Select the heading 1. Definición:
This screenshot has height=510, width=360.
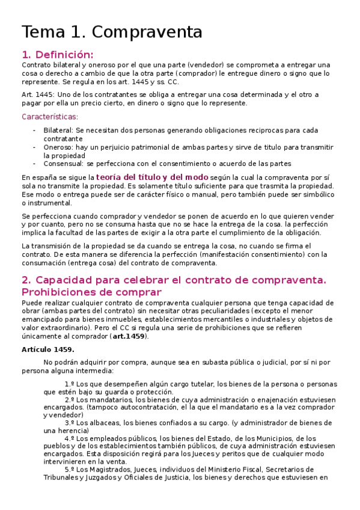click(58, 54)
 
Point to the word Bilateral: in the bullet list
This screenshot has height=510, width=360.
click(58, 130)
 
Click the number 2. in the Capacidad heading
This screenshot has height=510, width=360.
click(26, 280)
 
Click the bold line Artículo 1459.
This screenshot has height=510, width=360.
click(47, 349)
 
